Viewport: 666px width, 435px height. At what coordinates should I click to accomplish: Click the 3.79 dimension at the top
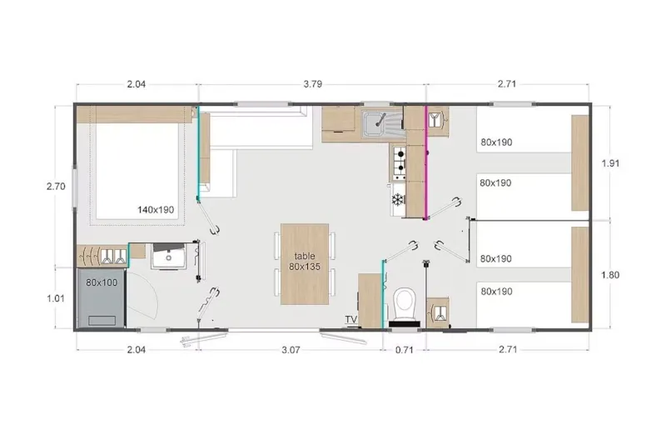(x=312, y=84)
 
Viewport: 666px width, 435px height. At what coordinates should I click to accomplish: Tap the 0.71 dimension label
(x=404, y=350)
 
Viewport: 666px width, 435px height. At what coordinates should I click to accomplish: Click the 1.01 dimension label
(x=56, y=296)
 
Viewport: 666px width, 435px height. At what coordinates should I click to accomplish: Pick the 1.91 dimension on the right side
(x=610, y=163)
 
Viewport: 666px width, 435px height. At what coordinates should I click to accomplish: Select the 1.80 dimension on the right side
(x=610, y=274)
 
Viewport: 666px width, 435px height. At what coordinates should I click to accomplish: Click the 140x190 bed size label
(x=156, y=210)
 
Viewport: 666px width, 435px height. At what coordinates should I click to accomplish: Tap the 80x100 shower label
(x=101, y=282)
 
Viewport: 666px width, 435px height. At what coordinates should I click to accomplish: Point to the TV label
(x=350, y=319)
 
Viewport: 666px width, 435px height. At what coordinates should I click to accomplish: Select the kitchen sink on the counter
(x=382, y=124)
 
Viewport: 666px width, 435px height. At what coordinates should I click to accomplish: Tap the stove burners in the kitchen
(x=399, y=163)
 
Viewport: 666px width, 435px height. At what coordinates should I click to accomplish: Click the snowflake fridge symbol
(x=398, y=200)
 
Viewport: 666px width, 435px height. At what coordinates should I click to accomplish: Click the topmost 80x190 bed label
(x=496, y=142)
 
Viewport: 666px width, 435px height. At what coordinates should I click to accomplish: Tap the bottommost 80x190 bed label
(x=496, y=292)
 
